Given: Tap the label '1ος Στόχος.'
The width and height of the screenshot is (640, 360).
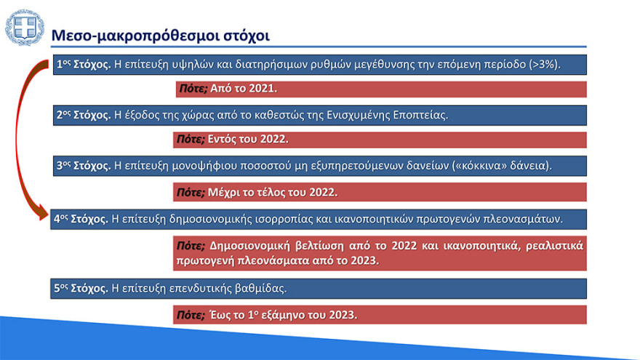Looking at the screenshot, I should coord(84,65).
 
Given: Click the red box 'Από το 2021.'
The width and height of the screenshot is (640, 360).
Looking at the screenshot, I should coord(380,89).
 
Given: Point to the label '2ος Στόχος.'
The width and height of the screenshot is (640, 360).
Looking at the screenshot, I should coord(84,115).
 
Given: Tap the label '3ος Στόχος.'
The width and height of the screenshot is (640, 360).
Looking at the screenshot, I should coord(84,165).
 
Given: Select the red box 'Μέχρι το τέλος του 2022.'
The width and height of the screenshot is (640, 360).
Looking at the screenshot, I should coord(380,193).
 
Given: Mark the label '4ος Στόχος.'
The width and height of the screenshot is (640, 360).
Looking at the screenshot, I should coord(81,218).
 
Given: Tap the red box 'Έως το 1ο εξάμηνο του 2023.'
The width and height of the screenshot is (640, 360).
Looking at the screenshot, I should coord(380,315).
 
